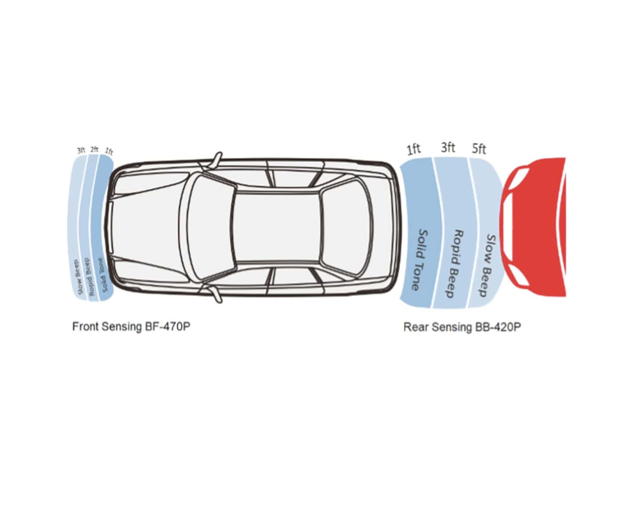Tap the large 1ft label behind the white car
tap(414, 149)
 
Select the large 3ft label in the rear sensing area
tap(448, 147)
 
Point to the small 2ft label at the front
tap(94, 149)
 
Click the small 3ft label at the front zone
tap(81, 150)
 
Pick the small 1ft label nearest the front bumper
tap(109, 152)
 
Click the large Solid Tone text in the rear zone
tap(420, 260)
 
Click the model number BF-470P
tap(168, 327)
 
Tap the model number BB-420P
tap(498, 327)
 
